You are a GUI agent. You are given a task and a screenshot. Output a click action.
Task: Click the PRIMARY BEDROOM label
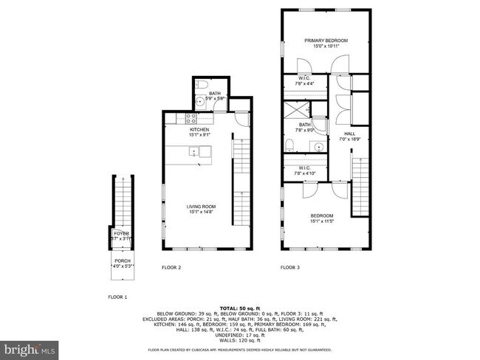coord(326,40)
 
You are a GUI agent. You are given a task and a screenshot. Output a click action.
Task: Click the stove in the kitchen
coord(190,117)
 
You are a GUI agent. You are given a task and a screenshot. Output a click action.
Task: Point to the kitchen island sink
coord(193,153)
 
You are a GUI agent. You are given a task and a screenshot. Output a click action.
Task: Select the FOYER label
coord(120,234)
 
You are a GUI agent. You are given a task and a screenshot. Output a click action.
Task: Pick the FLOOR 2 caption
coord(171,268)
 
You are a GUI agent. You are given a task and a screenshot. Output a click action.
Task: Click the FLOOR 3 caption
coord(289,268)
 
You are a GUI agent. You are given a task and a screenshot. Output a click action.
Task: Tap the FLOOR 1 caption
coord(117,297)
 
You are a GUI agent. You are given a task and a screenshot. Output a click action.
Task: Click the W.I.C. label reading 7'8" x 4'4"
coord(304,80)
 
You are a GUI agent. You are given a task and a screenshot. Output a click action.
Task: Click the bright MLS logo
coord(30,347)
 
